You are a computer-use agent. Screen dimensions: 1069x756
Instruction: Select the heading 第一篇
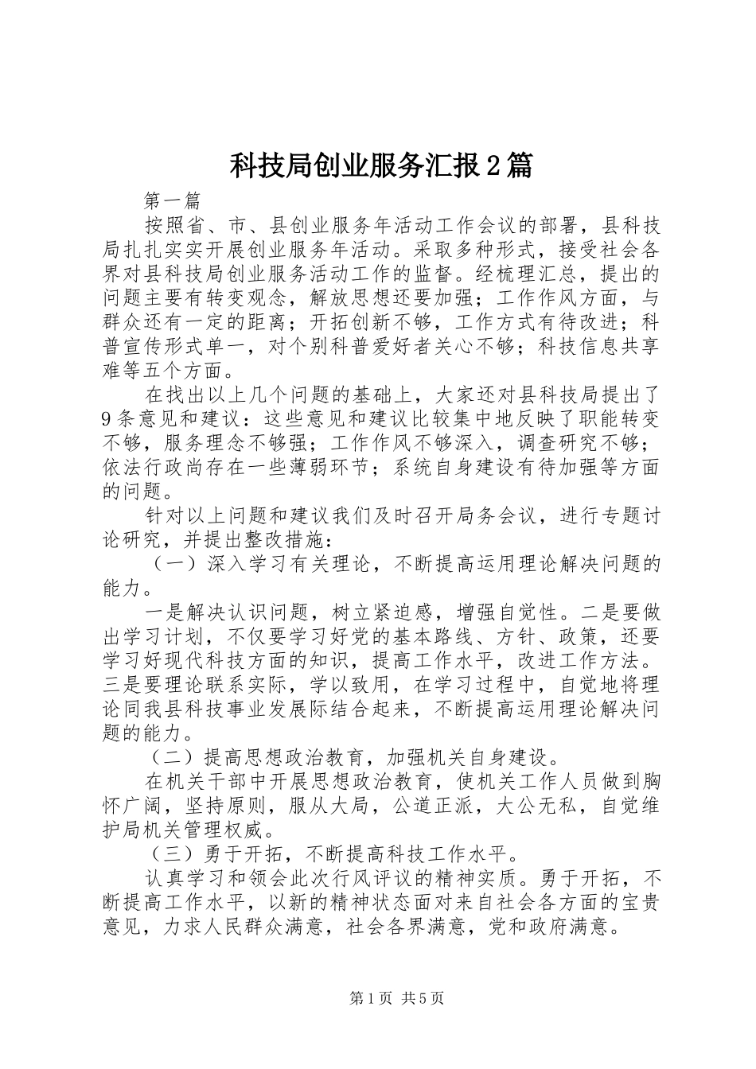(x=171, y=200)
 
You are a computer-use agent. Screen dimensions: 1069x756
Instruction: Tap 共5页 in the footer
(x=423, y=997)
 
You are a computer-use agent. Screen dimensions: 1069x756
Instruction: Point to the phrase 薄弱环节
(x=331, y=467)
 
